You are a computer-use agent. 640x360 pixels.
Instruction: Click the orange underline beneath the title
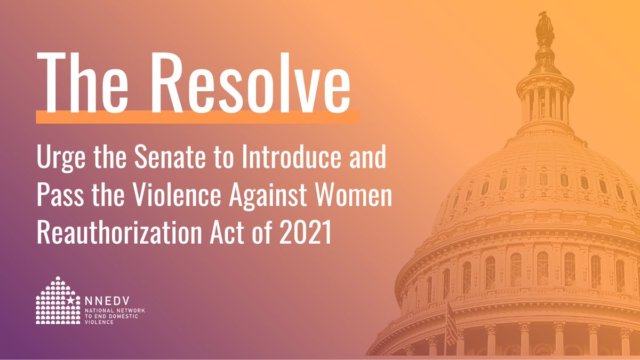[x=197, y=117]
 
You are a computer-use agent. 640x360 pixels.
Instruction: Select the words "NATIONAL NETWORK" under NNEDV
[x=115, y=311]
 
